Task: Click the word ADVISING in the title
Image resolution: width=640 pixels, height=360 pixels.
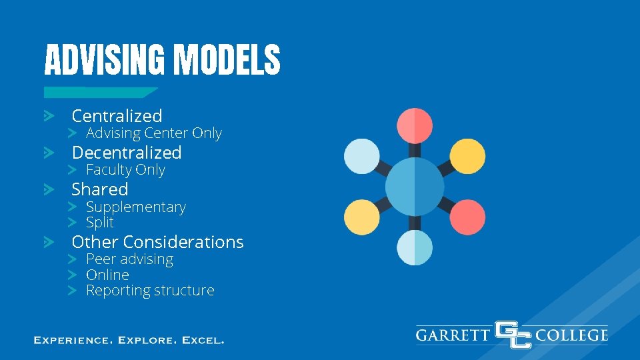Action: (x=103, y=60)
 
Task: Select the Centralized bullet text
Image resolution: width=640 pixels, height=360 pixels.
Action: (x=117, y=116)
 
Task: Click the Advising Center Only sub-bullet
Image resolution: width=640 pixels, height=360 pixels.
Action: (x=153, y=133)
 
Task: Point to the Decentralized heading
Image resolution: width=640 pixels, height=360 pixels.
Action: (x=126, y=153)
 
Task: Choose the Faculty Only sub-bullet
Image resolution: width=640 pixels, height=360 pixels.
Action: (x=125, y=170)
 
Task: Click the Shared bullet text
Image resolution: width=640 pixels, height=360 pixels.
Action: (x=99, y=189)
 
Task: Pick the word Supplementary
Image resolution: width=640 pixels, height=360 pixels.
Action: (x=135, y=207)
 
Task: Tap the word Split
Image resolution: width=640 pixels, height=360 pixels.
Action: (x=100, y=223)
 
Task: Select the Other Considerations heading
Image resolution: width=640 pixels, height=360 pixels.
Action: (x=157, y=242)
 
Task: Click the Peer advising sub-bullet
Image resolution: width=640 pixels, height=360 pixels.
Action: (x=129, y=259)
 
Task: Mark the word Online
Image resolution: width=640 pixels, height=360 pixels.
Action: (x=107, y=275)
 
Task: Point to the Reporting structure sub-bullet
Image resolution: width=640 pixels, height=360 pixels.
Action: (x=150, y=291)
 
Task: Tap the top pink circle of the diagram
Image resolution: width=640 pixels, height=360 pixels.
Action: (x=415, y=125)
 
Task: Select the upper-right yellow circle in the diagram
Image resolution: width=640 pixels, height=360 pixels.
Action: (x=467, y=156)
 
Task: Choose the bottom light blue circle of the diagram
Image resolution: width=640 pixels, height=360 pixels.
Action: (x=415, y=247)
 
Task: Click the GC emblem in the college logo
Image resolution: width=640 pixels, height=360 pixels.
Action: (x=513, y=334)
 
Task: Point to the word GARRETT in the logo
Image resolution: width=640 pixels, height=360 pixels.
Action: (x=453, y=334)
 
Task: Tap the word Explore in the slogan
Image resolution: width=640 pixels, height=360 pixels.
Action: (x=147, y=340)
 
